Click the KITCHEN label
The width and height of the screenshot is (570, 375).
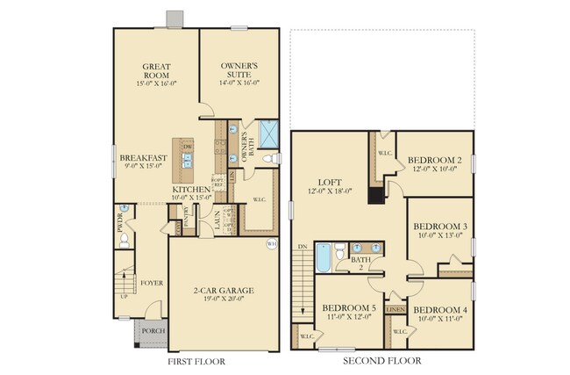pyautogui.click(x=191, y=190)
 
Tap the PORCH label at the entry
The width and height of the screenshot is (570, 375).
pyautogui.click(x=152, y=331)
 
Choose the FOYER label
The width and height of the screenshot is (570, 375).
pyautogui.click(x=152, y=284)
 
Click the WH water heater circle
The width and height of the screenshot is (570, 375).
pyautogui.click(x=272, y=242)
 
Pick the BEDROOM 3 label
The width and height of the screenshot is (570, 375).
pyautogui.click(x=440, y=227)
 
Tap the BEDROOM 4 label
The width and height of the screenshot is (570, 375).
pyautogui.click(x=440, y=311)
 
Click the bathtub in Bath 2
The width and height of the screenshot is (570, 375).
pyautogui.click(x=322, y=258)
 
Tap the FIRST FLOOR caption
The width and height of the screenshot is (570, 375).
pyautogui.click(x=196, y=361)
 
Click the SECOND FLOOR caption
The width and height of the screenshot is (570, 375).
pyautogui.click(x=381, y=361)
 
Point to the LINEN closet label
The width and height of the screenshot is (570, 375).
pyautogui.click(x=395, y=310)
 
